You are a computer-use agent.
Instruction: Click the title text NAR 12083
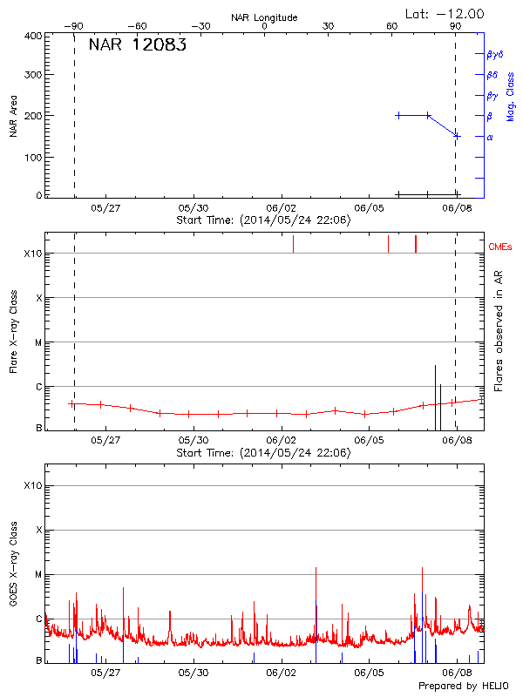tap(137, 45)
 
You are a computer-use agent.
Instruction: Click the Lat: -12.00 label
tap(445, 13)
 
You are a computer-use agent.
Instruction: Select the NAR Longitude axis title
tap(264, 17)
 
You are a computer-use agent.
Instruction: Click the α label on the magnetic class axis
tap(490, 137)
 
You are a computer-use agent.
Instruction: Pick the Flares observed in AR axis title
tap(499, 330)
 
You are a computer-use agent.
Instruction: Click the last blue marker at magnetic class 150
tap(456, 136)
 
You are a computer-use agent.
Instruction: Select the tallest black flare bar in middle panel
tap(435, 397)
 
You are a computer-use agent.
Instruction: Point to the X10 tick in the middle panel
tap(32, 254)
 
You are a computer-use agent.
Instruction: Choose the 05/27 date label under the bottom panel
tap(105, 673)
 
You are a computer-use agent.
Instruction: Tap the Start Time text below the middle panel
tap(263, 453)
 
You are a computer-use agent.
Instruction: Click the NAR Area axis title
tap(14, 117)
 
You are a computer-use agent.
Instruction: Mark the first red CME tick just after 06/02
tap(293, 244)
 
